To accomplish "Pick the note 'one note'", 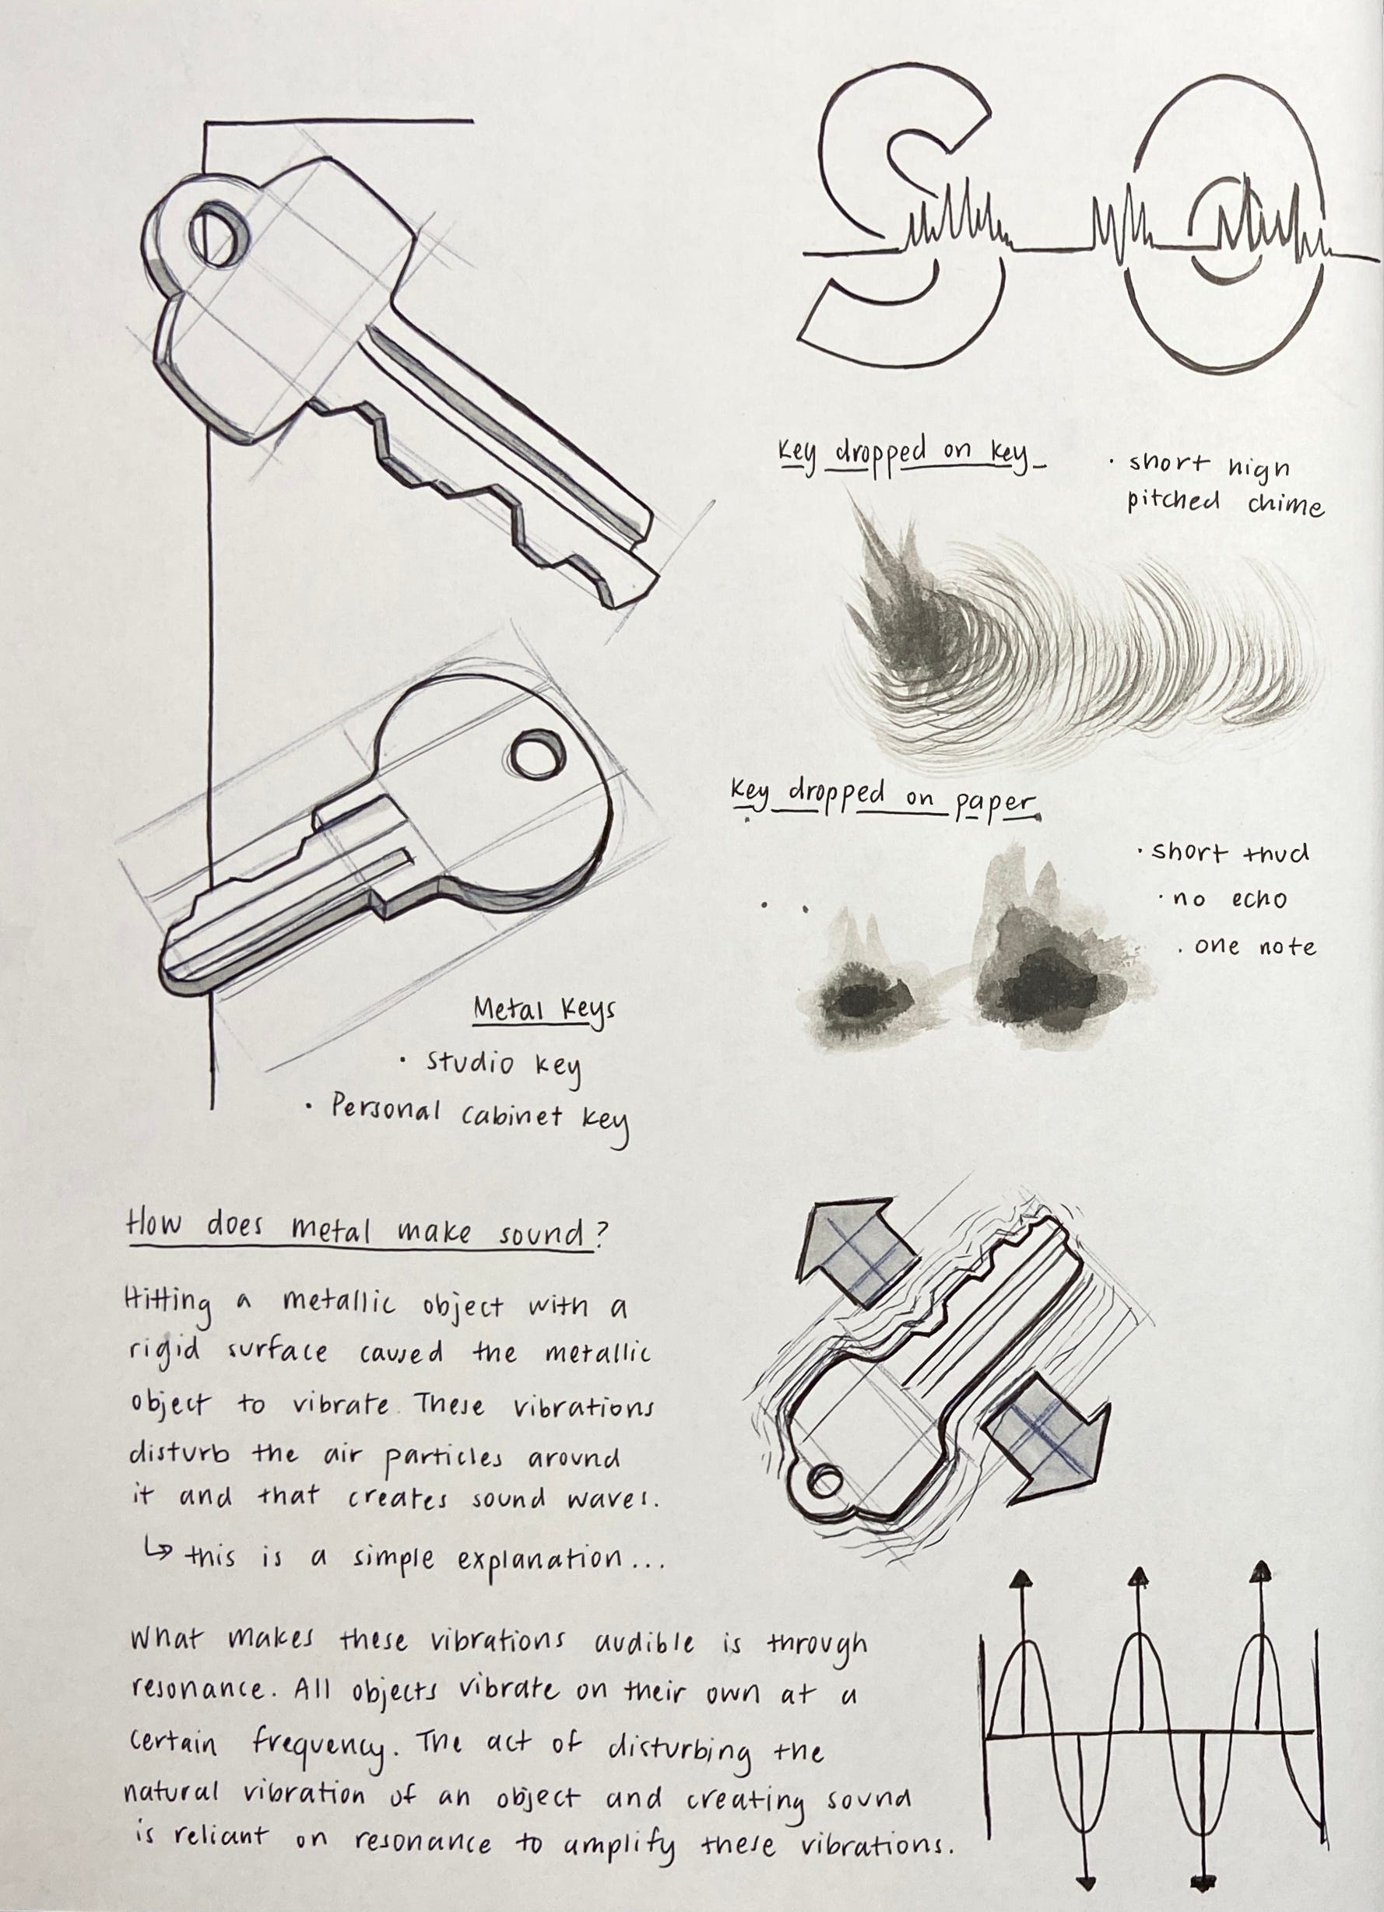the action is (x=1255, y=947).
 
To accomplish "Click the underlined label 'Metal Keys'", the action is (x=544, y=1010).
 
